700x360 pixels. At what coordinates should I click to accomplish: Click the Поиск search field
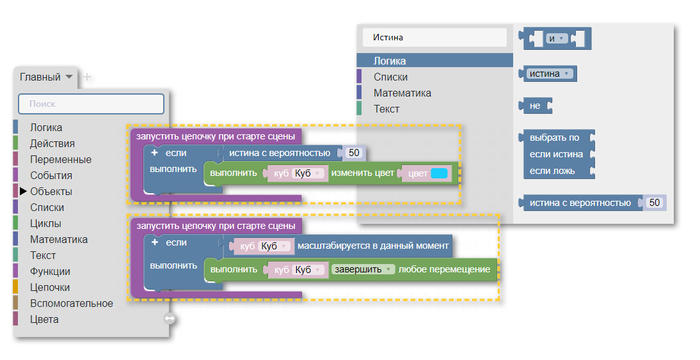click(x=91, y=104)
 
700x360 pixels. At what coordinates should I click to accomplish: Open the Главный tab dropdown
click(x=69, y=77)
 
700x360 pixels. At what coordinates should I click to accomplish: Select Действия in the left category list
click(x=52, y=144)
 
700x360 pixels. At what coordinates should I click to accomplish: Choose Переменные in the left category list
click(x=61, y=160)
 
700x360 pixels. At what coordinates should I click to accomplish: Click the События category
click(x=51, y=176)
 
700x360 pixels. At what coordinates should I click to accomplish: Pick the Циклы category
click(x=45, y=224)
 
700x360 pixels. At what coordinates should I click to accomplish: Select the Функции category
click(x=50, y=272)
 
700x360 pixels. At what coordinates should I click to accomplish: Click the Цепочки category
click(x=50, y=288)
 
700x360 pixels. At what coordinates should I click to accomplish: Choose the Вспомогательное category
click(x=72, y=304)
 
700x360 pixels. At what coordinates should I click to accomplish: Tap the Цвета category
click(x=44, y=320)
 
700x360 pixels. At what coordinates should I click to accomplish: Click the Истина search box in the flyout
click(x=435, y=38)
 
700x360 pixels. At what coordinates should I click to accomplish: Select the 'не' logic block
click(x=536, y=106)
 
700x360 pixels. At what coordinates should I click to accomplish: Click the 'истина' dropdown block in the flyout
click(x=548, y=74)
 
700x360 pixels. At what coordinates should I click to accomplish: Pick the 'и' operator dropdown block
click(x=556, y=39)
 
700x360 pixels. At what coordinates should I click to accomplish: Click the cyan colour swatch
click(x=440, y=173)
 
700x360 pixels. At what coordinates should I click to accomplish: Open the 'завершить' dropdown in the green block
click(x=363, y=269)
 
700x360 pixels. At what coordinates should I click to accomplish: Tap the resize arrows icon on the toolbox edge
click(x=170, y=318)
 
